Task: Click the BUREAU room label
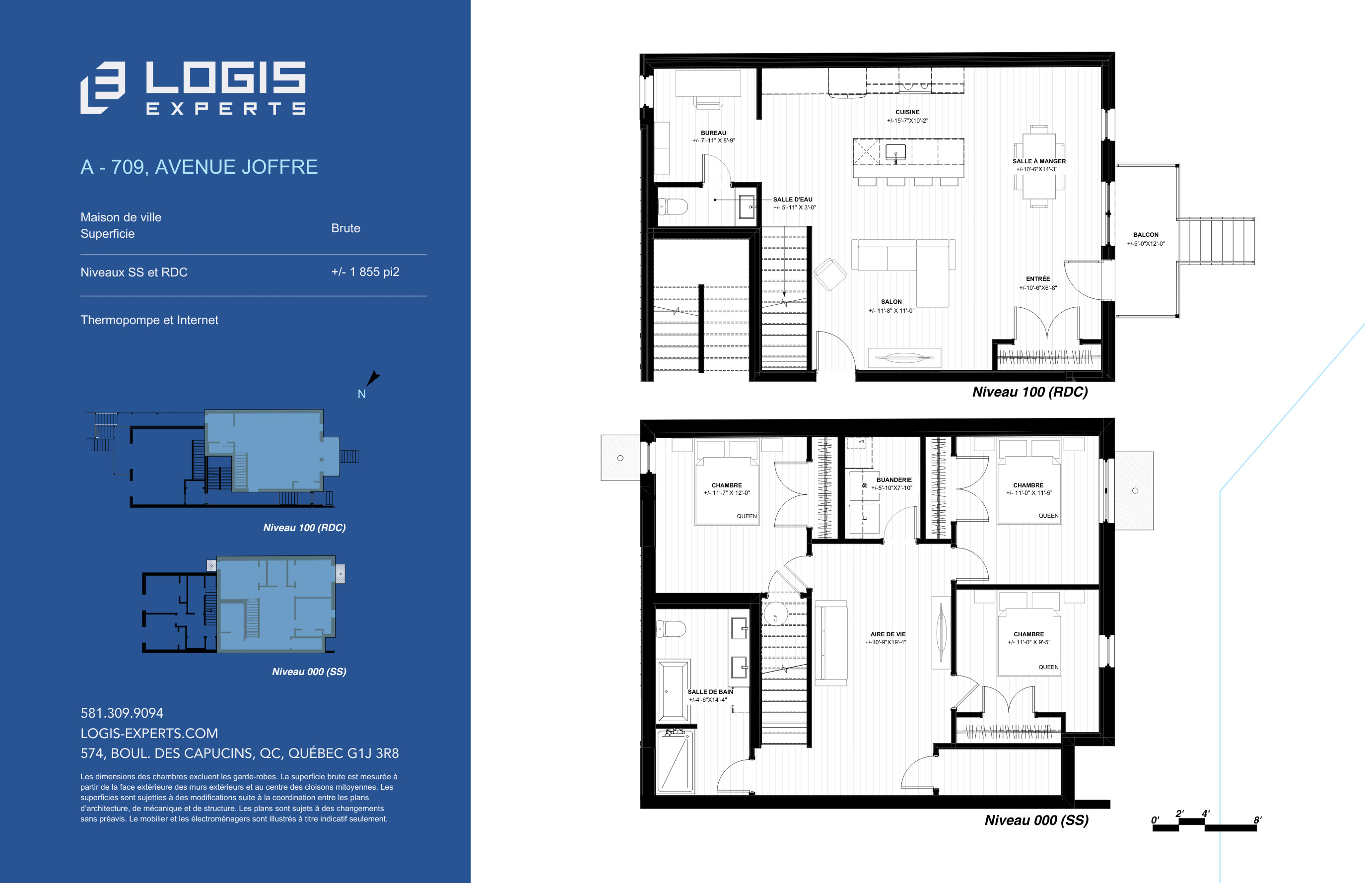[713, 133]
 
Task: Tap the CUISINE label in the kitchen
[907, 112]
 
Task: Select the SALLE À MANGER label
[1039, 161]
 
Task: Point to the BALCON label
[1146, 234]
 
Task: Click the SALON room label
[891, 302]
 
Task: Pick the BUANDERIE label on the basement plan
[894, 480]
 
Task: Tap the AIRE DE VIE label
[888, 634]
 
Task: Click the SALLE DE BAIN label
[710, 691]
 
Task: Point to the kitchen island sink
[895, 152]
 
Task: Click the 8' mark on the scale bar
[1257, 820]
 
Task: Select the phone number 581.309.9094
[122, 713]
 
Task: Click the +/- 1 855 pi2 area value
[365, 272]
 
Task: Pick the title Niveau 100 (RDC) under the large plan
[1029, 392]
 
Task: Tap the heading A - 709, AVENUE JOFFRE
[199, 167]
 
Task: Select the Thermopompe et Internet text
[149, 320]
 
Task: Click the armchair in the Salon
[829, 274]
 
